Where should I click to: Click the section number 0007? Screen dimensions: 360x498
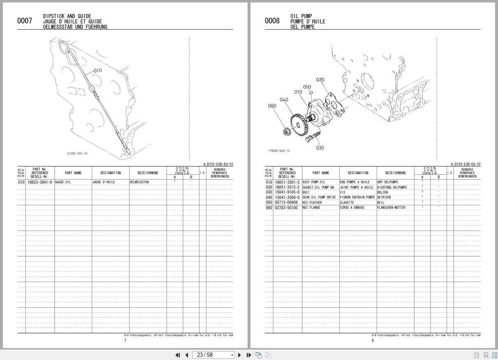tap(25, 21)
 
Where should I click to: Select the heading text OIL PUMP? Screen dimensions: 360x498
tap(301, 16)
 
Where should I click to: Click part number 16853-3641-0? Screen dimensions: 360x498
tap(40, 182)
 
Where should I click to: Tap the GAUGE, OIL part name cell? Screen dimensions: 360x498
tap(63, 182)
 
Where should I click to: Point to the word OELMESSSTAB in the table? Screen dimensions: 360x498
tap(139, 182)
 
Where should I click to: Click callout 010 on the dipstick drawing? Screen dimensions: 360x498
tap(97, 71)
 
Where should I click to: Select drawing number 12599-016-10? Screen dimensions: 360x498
tap(77, 154)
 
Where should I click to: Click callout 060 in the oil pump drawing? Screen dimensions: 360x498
tap(272, 106)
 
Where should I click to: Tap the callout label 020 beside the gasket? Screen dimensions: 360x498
tap(320, 80)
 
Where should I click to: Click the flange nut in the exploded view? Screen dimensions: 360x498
tap(286, 132)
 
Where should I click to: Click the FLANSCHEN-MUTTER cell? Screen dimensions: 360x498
tap(391, 208)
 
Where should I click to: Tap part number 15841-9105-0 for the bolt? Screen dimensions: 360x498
tap(287, 192)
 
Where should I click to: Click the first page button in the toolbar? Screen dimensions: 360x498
tap(178, 355)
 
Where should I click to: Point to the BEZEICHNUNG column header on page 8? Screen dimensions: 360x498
tap(395, 173)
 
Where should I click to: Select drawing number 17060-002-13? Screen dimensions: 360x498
tap(279, 151)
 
